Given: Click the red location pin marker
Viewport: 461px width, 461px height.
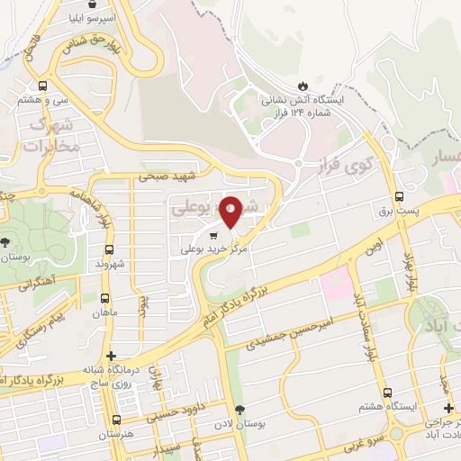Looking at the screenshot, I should [x=230, y=211].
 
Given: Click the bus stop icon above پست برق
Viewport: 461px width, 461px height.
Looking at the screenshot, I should [x=399, y=197].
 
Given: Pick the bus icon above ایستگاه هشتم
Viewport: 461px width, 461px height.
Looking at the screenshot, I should [x=388, y=393].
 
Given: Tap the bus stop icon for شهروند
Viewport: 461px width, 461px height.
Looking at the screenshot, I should [x=109, y=249].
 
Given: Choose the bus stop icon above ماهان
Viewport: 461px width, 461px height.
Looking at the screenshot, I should [x=105, y=299].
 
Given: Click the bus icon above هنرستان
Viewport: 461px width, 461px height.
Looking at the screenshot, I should [x=115, y=420].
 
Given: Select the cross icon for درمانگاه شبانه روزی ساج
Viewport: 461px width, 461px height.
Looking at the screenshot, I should [x=111, y=356].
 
